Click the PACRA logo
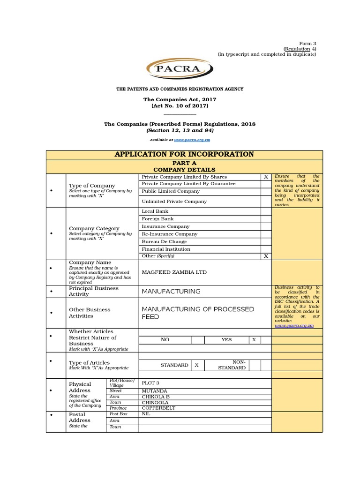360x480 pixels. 180,70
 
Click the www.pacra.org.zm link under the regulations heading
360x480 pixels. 191,140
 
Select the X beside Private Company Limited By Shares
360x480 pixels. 266,177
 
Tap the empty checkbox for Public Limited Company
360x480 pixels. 266,191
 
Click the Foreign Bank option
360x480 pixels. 157,219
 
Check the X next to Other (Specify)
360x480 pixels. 266,256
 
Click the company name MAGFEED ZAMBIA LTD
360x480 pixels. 174,272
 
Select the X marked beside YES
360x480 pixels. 254,339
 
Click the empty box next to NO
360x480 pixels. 198,339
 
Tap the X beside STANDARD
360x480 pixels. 197,365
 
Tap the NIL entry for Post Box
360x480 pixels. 146,414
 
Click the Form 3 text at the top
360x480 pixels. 308,43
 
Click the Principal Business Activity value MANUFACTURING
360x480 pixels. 171,292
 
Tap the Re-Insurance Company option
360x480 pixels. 169,234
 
